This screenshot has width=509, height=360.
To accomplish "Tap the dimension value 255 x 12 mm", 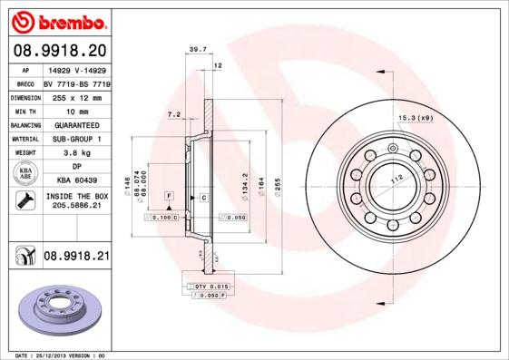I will (x=76, y=96).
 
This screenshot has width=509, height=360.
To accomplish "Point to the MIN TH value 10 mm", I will (x=76, y=110).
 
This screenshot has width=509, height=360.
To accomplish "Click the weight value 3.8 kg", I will (x=76, y=153).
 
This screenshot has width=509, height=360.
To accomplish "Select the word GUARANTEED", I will (x=76, y=124).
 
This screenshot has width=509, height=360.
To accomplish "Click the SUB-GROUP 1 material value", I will (x=76, y=139).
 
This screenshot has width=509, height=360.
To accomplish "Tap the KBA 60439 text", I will (x=76, y=180).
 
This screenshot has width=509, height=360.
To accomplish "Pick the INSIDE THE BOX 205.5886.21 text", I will (x=76, y=200).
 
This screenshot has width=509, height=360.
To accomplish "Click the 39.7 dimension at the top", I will (x=192, y=51).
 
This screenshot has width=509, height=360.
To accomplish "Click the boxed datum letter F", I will (x=168, y=196).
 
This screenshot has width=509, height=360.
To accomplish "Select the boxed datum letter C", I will (x=203, y=197).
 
